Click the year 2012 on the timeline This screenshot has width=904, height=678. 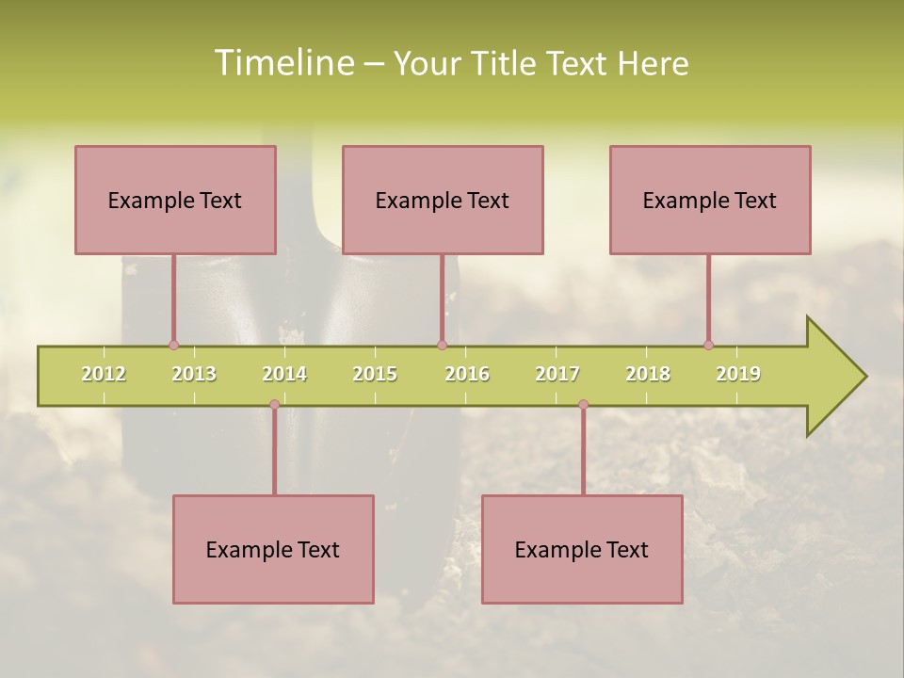pos(104,374)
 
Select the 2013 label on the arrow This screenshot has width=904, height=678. pos(194,374)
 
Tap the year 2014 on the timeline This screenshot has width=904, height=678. pos(284,374)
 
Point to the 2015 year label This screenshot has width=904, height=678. pos(375,374)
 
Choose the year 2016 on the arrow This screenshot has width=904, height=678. pos(467,374)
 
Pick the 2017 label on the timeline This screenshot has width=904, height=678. pos(557,374)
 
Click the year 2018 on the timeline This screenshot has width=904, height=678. pos(648,374)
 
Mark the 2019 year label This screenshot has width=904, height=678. pos(738,374)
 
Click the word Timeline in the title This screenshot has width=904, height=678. pos(282,63)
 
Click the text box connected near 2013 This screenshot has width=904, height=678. pos(175,200)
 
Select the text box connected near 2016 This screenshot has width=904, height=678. pos(443,200)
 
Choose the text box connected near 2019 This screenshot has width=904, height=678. pos(710,200)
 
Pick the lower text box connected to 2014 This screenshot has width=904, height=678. pos(273,549)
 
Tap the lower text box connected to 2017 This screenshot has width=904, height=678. pos(582,549)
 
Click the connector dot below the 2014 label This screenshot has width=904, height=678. pos(274,405)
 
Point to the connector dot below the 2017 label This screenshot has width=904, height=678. pos(583,405)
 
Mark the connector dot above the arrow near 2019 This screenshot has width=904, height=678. pos(708,345)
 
